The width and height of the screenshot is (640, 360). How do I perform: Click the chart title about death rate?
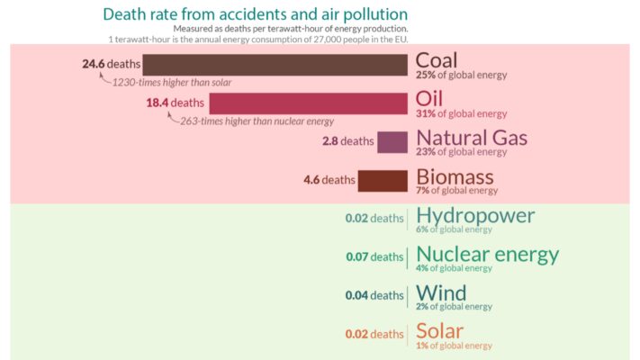click(255, 14)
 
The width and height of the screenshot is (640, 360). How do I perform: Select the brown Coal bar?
click(275, 65)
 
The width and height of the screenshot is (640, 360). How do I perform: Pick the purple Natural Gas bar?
click(392, 141)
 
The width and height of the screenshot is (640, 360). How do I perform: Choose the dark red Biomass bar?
click(383, 180)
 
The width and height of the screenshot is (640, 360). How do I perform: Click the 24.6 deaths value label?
click(109, 64)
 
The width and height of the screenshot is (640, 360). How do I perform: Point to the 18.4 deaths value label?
click(176, 103)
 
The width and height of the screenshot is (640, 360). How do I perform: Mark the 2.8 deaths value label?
click(347, 141)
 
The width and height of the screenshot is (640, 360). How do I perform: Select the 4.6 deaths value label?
click(329, 180)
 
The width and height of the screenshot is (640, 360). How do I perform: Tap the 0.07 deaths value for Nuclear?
click(374, 257)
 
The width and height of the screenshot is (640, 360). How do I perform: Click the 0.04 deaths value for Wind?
click(374, 295)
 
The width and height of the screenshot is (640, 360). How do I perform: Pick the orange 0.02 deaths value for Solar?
click(374, 334)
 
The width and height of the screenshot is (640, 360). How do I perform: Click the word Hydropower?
click(475, 216)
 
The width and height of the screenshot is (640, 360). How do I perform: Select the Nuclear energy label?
click(487, 255)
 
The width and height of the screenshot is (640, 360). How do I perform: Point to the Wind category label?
click(441, 293)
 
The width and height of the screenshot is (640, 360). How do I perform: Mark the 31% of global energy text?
click(461, 114)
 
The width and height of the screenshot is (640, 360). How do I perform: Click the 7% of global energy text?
click(456, 191)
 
